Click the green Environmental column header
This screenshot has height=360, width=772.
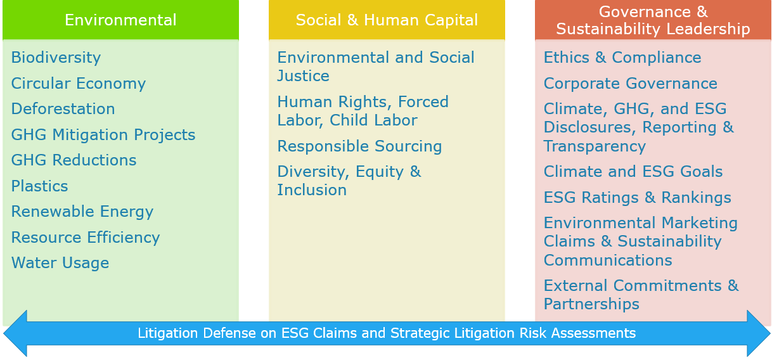click(120, 20)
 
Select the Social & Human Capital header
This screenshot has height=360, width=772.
click(387, 20)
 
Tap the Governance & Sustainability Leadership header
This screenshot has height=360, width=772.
click(653, 20)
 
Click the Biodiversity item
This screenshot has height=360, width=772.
click(56, 58)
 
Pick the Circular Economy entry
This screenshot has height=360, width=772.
click(79, 84)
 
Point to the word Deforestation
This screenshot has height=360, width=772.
click(63, 109)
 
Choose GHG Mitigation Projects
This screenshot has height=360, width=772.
click(103, 135)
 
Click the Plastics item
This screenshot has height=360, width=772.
click(40, 186)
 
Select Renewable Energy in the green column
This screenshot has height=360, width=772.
click(82, 212)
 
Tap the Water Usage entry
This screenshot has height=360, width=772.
click(60, 263)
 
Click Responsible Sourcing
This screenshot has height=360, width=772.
click(359, 146)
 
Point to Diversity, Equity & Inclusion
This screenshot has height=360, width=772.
click(349, 181)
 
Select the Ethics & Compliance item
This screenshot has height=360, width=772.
click(622, 58)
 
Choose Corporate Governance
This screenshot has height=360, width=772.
click(631, 84)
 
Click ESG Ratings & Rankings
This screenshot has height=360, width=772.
click(638, 198)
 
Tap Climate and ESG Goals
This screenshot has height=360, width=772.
click(633, 172)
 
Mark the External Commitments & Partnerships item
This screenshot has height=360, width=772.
click(641, 295)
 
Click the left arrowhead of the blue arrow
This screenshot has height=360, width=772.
click(15, 333)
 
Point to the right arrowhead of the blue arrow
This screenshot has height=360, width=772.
click(759, 333)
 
